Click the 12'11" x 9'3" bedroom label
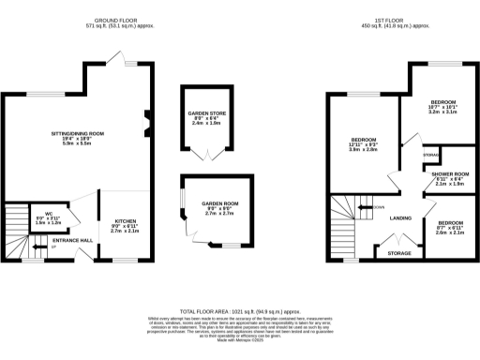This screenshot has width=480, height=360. click(x=362, y=142)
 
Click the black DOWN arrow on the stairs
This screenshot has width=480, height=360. click(x=367, y=207)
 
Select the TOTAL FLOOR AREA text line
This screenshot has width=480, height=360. click(x=239, y=309)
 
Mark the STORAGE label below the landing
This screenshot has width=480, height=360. click(x=398, y=253)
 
